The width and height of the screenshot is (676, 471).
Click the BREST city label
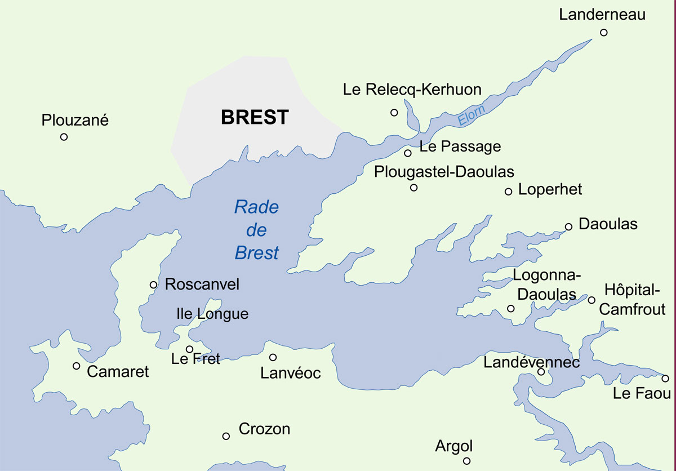tap(255, 117)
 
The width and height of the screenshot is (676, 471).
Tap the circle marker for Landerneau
tap(604, 32)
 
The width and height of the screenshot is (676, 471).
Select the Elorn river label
tap(471, 115)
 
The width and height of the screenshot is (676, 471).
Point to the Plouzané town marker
tap(64, 137)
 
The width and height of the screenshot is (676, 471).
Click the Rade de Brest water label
tap(257, 230)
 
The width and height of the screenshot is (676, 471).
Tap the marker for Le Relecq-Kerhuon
tap(394, 113)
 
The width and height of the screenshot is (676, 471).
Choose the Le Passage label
tap(460, 147)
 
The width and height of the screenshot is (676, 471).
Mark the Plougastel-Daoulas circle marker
tap(414, 188)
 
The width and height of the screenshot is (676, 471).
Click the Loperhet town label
tap(550, 189)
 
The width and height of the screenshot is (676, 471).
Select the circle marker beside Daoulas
tap(568, 226)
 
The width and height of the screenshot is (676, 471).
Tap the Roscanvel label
tap(202, 285)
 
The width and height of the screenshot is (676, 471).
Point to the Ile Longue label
tap(212, 314)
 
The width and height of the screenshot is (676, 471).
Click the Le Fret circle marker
tap(190, 349)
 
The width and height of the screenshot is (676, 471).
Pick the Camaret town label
tap(118, 371)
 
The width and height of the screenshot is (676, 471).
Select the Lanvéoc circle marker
tap(273, 357)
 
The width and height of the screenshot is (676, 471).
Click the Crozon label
tap(264, 429)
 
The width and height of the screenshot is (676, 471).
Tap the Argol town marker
tap(466, 461)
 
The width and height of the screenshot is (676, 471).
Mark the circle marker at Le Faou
tap(665, 379)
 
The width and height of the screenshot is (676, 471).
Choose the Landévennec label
tap(531, 362)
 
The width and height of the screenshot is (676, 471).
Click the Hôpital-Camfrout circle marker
tap(591, 300)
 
